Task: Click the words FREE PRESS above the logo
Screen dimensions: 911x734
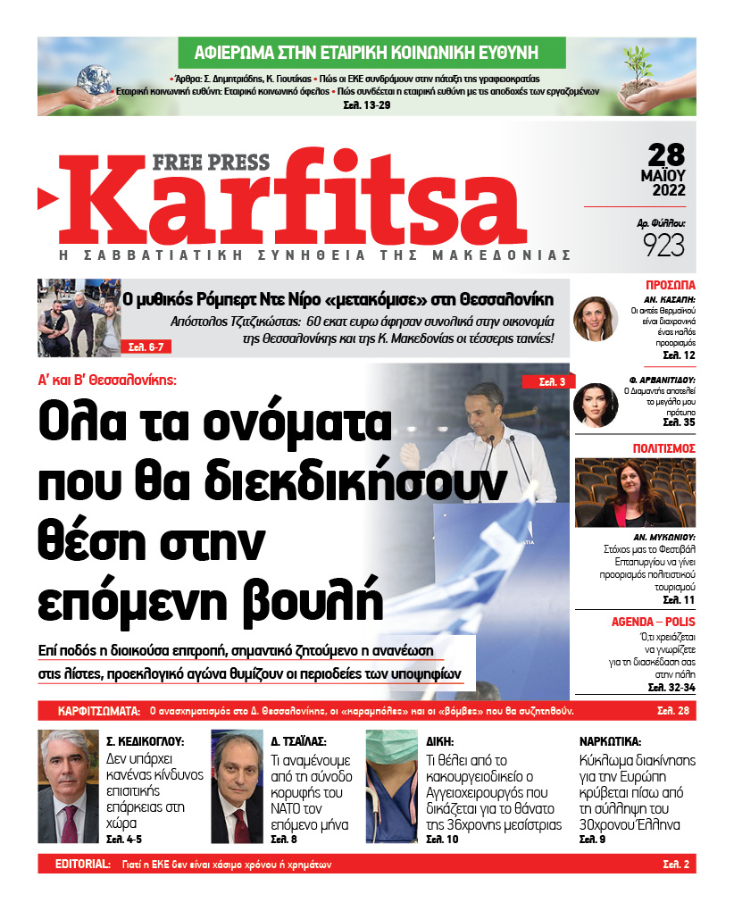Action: (210, 162)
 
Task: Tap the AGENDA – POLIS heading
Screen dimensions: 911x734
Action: (653, 621)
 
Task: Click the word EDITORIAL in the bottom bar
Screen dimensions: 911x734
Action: (83, 865)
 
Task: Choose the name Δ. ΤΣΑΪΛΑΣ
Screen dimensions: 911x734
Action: (298, 740)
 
